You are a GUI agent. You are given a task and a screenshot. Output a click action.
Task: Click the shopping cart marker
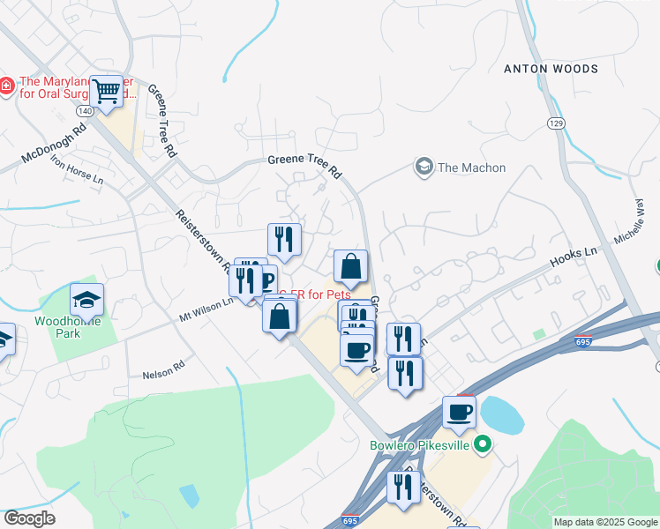tap(107, 91)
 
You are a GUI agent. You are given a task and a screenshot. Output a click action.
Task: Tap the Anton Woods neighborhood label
tap(551, 69)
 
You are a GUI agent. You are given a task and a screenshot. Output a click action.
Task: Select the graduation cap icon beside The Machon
tap(424, 167)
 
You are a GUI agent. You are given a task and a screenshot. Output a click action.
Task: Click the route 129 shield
tap(554, 123)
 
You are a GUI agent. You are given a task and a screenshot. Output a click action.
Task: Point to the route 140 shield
tap(85, 112)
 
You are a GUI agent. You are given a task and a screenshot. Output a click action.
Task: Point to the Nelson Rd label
tap(163, 369)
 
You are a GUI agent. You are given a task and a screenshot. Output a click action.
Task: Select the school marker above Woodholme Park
tap(86, 300)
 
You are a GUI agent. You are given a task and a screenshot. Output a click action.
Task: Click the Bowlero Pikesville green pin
tap(481, 444)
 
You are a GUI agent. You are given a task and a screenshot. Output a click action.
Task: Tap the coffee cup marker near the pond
tap(459, 411)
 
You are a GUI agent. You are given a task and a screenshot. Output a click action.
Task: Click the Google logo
tap(29, 518)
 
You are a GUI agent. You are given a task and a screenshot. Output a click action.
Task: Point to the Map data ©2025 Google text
tap(605, 522)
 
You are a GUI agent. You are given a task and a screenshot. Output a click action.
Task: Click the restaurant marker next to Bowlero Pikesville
tap(403, 487)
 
